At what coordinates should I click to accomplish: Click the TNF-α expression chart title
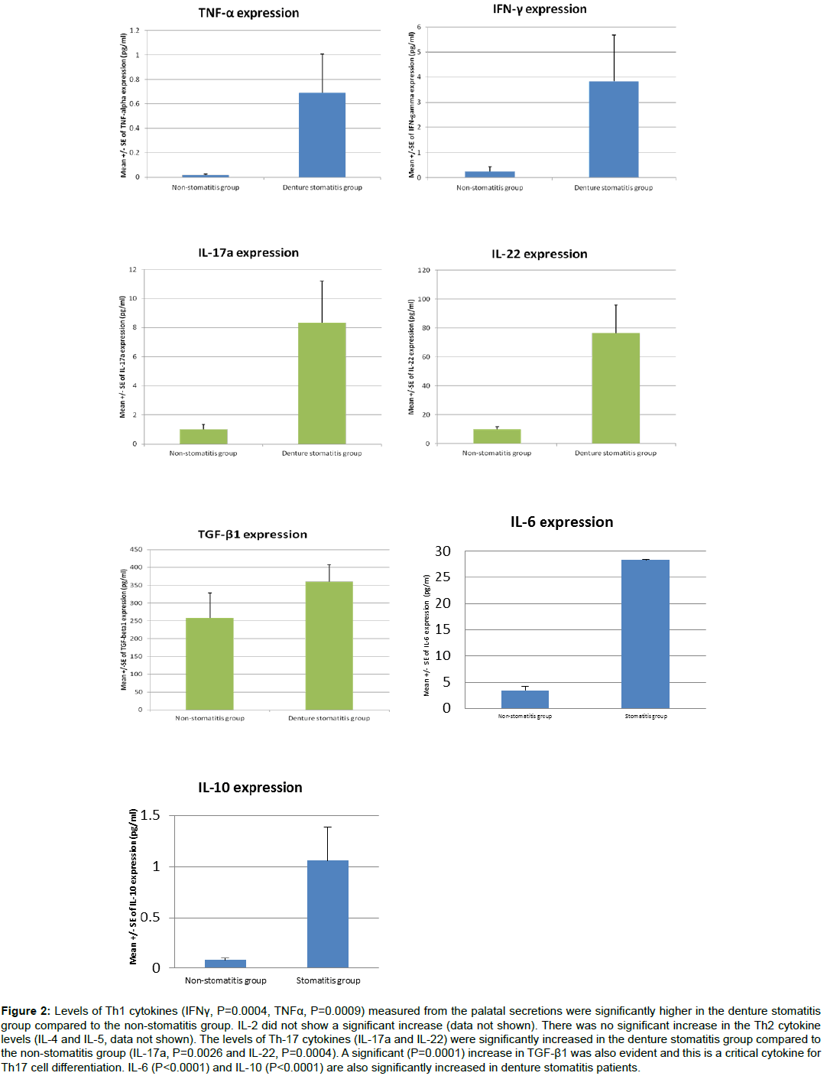[x=248, y=13]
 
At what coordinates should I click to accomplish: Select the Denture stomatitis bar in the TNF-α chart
[x=322, y=135]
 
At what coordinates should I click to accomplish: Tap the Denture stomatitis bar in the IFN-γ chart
[x=613, y=129]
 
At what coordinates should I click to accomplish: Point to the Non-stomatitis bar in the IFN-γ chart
[x=490, y=174]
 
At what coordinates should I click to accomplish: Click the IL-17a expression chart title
[x=248, y=253]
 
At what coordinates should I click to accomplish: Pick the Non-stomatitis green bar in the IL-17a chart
[x=203, y=437]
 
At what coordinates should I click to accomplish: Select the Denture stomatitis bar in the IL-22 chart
[x=615, y=388]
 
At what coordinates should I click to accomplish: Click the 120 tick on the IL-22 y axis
[x=424, y=271]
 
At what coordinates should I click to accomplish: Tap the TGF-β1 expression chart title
[x=252, y=535]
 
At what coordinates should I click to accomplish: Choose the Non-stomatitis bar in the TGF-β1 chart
[x=209, y=664]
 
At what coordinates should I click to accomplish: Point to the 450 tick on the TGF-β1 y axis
[x=136, y=549]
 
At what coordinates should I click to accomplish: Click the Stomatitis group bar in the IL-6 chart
[x=645, y=634]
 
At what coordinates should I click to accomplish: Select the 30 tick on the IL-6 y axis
[x=443, y=551]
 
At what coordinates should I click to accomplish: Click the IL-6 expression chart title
[x=562, y=522]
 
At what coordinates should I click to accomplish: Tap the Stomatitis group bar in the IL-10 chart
[x=327, y=914]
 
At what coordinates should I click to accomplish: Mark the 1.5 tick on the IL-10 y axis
[x=151, y=815]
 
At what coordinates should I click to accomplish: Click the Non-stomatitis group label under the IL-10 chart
[x=225, y=980]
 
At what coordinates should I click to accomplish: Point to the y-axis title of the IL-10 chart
[x=134, y=887]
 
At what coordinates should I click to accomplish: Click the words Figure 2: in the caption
[x=26, y=1011]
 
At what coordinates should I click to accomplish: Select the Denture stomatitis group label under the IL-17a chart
[x=322, y=453]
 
